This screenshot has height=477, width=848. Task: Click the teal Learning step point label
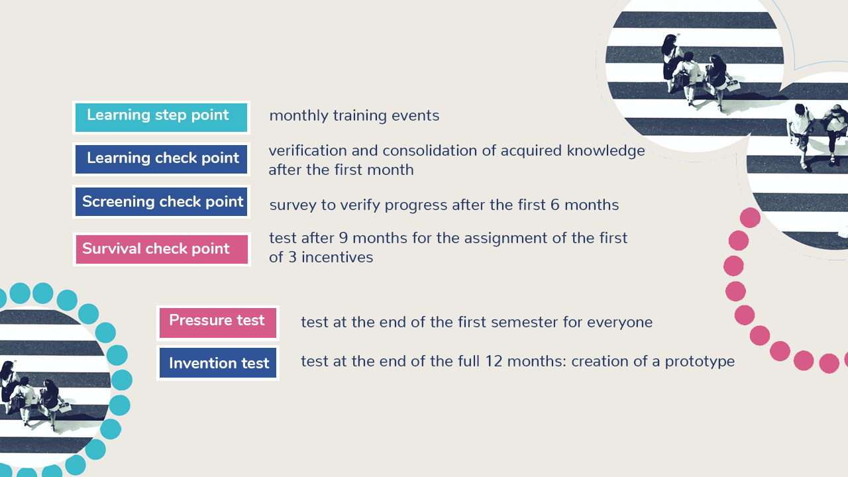click(161, 117)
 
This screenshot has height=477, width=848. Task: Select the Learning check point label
click(161, 160)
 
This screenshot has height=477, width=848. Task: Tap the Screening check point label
click(161, 202)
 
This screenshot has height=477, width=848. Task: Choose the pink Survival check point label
click(162, 250)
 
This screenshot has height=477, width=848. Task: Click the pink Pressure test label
click(218, 323)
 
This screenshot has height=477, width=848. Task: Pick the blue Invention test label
click(218, 363)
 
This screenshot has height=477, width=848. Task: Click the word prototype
click(700, 362)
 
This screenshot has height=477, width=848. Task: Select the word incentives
click(337, 258)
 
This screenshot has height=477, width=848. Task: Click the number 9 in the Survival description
click(343, 238)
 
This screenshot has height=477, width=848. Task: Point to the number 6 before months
click(555, 205)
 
